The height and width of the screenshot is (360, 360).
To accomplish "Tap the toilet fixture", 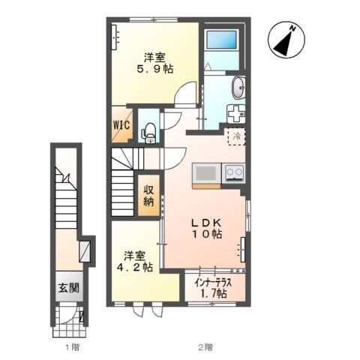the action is pyautogui.click(x=149, y=133).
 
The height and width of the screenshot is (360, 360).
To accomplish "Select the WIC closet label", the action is pyautogui.click(x=121, y=124).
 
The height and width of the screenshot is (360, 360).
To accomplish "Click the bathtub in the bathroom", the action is pyautogui.click(x=221, y=40).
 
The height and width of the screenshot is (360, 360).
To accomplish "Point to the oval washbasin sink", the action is pyautogui.click(x=238, y=88).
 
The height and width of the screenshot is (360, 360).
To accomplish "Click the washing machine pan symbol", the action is pyautogui.click(x=236, y=114).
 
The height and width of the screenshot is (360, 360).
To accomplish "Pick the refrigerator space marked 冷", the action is pyautogui.click(x=236, y=136).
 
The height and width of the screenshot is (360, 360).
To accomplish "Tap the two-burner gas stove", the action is pyautogui.click(x=234, y=172).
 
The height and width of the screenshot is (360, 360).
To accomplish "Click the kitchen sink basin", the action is pyautogui.click(x=206, y=172).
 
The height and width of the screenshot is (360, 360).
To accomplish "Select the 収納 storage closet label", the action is pyautogui.click(x=148, y=196).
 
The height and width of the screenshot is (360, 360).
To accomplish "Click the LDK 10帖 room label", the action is pyautogui.click(x=207, y=228).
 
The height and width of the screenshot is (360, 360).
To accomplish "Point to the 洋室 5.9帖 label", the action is pyautogui.click(x=154, y=64).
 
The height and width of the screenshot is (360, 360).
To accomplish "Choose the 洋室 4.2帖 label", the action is pyautogui.click(x=135, y=262).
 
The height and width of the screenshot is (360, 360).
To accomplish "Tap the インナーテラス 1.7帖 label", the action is pyautogui.click(x=213, y=288).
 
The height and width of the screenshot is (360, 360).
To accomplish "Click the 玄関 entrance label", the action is pyautogui.click(x=69, y=288).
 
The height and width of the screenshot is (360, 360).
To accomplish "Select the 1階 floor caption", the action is pyautogui.click(x=73, y=347).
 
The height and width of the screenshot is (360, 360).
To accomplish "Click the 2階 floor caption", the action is pyautogui.click(x=206, y=347).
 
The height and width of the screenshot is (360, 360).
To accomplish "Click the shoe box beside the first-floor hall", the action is pyautogui.click(x=85, y=251).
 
